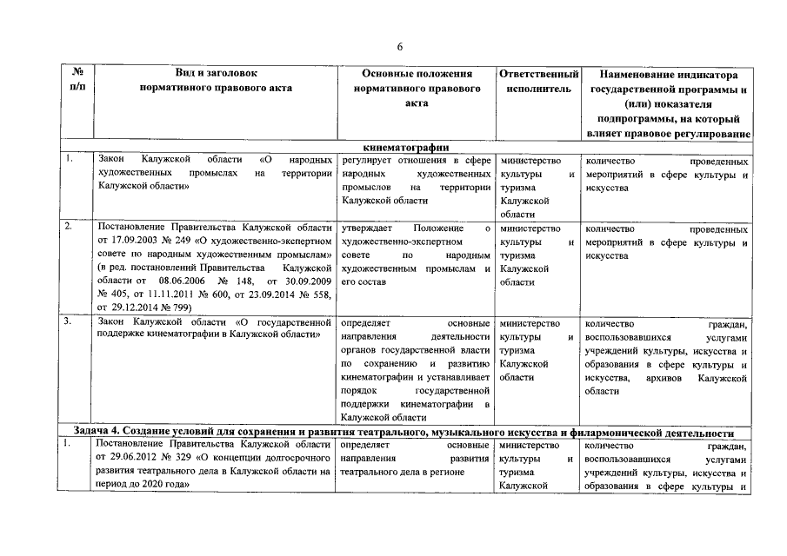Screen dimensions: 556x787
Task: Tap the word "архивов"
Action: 666,378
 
